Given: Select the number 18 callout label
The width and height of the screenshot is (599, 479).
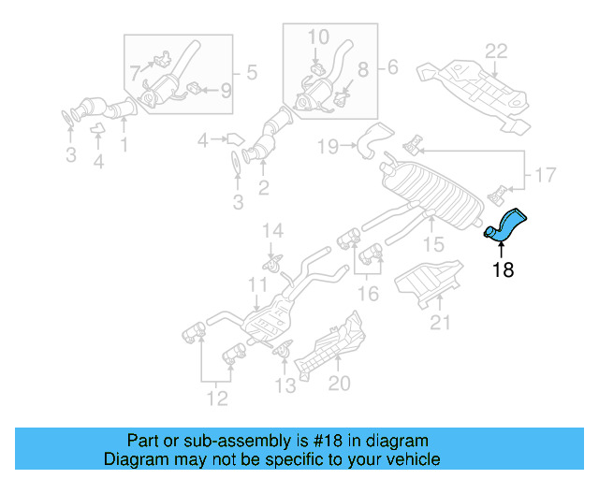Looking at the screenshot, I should click(x=503, y=271).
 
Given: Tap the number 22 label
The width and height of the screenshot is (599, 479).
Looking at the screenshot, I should click(x=495, y=51).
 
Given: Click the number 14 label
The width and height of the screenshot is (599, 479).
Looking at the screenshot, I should click(x=271, y=231).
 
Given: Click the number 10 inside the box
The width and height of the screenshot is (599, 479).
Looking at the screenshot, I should click(x=318, y=36).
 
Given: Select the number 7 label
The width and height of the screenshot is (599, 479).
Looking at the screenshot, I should click(x=136, y=71).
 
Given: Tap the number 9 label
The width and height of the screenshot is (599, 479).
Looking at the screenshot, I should click(x=225, y=91).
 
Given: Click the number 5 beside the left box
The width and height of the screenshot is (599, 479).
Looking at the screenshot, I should click(x=251, y=71).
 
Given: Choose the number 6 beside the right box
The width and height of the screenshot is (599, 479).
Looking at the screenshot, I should click(x=392, y=66).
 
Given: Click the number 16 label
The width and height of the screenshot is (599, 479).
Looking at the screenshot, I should click(x=369, y=294).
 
